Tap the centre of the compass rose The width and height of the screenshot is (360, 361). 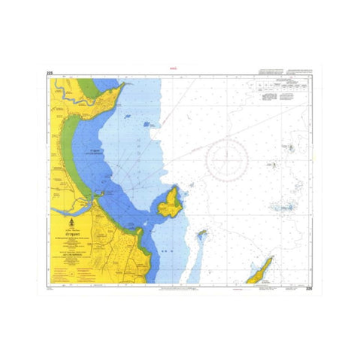[x=228, y=159]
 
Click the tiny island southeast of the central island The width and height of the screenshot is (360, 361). [x=201, y=233]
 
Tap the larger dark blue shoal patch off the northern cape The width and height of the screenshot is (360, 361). [x=127, y=117]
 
